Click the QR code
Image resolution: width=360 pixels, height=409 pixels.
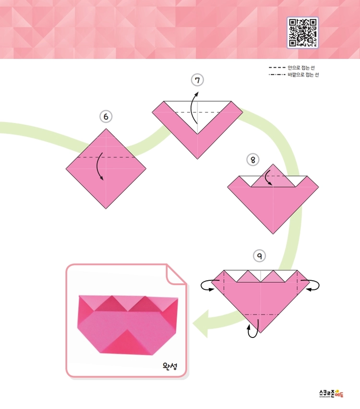pos(302,33)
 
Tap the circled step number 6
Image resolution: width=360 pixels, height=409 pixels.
pos(106,116)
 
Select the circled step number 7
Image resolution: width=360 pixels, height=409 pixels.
pos(197,80)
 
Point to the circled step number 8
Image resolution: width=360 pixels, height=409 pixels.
pos(253,160)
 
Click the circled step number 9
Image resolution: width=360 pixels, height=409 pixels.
pos(259,255)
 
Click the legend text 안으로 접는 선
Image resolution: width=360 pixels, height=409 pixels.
pos(301,68)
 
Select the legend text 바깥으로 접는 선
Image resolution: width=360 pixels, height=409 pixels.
pos(303,74)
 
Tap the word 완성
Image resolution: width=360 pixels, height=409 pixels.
pos(170,366)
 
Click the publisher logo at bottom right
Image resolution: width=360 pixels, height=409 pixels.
pos(331,394)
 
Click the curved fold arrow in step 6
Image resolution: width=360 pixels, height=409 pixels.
pos(97,166)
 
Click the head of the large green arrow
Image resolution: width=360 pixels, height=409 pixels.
pos(201,324)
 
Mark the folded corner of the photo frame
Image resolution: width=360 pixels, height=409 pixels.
pos(175,275)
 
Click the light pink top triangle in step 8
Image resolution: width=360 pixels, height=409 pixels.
pos(273,177)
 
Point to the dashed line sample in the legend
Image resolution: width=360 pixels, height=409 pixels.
pos(277,68)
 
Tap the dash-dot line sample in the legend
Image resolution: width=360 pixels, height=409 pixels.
pos(277,74)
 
